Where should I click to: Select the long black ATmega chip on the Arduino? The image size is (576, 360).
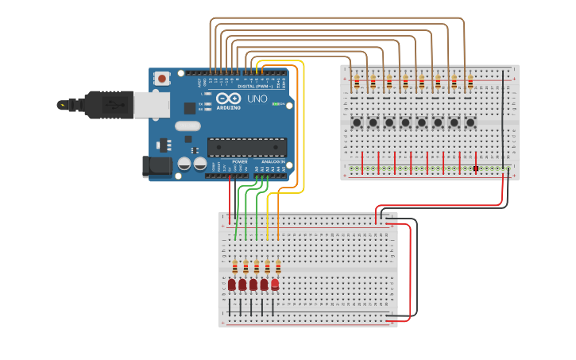(x=247, y=147)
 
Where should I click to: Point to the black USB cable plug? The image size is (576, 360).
(x=103, y=104)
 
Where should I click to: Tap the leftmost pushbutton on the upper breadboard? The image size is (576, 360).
(x=357, y=122)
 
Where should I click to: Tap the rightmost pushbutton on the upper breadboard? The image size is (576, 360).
(x=470, y=122)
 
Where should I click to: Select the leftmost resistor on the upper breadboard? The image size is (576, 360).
(x=357, y=83)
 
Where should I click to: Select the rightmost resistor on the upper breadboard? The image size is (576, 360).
(x=470, y=83)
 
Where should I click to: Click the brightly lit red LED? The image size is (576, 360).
(x=275, y=284)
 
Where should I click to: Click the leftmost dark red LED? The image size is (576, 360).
(x=232, y=285)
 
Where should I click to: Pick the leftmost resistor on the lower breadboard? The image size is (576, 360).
(x=235, y=267)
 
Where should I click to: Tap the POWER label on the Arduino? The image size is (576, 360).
(x=239, y=161)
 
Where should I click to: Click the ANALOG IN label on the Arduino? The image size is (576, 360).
(x=275, y=161)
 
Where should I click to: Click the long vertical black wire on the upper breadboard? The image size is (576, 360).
(x=502, y=119)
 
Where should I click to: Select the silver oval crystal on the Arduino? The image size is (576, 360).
(x=187, y=126)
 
